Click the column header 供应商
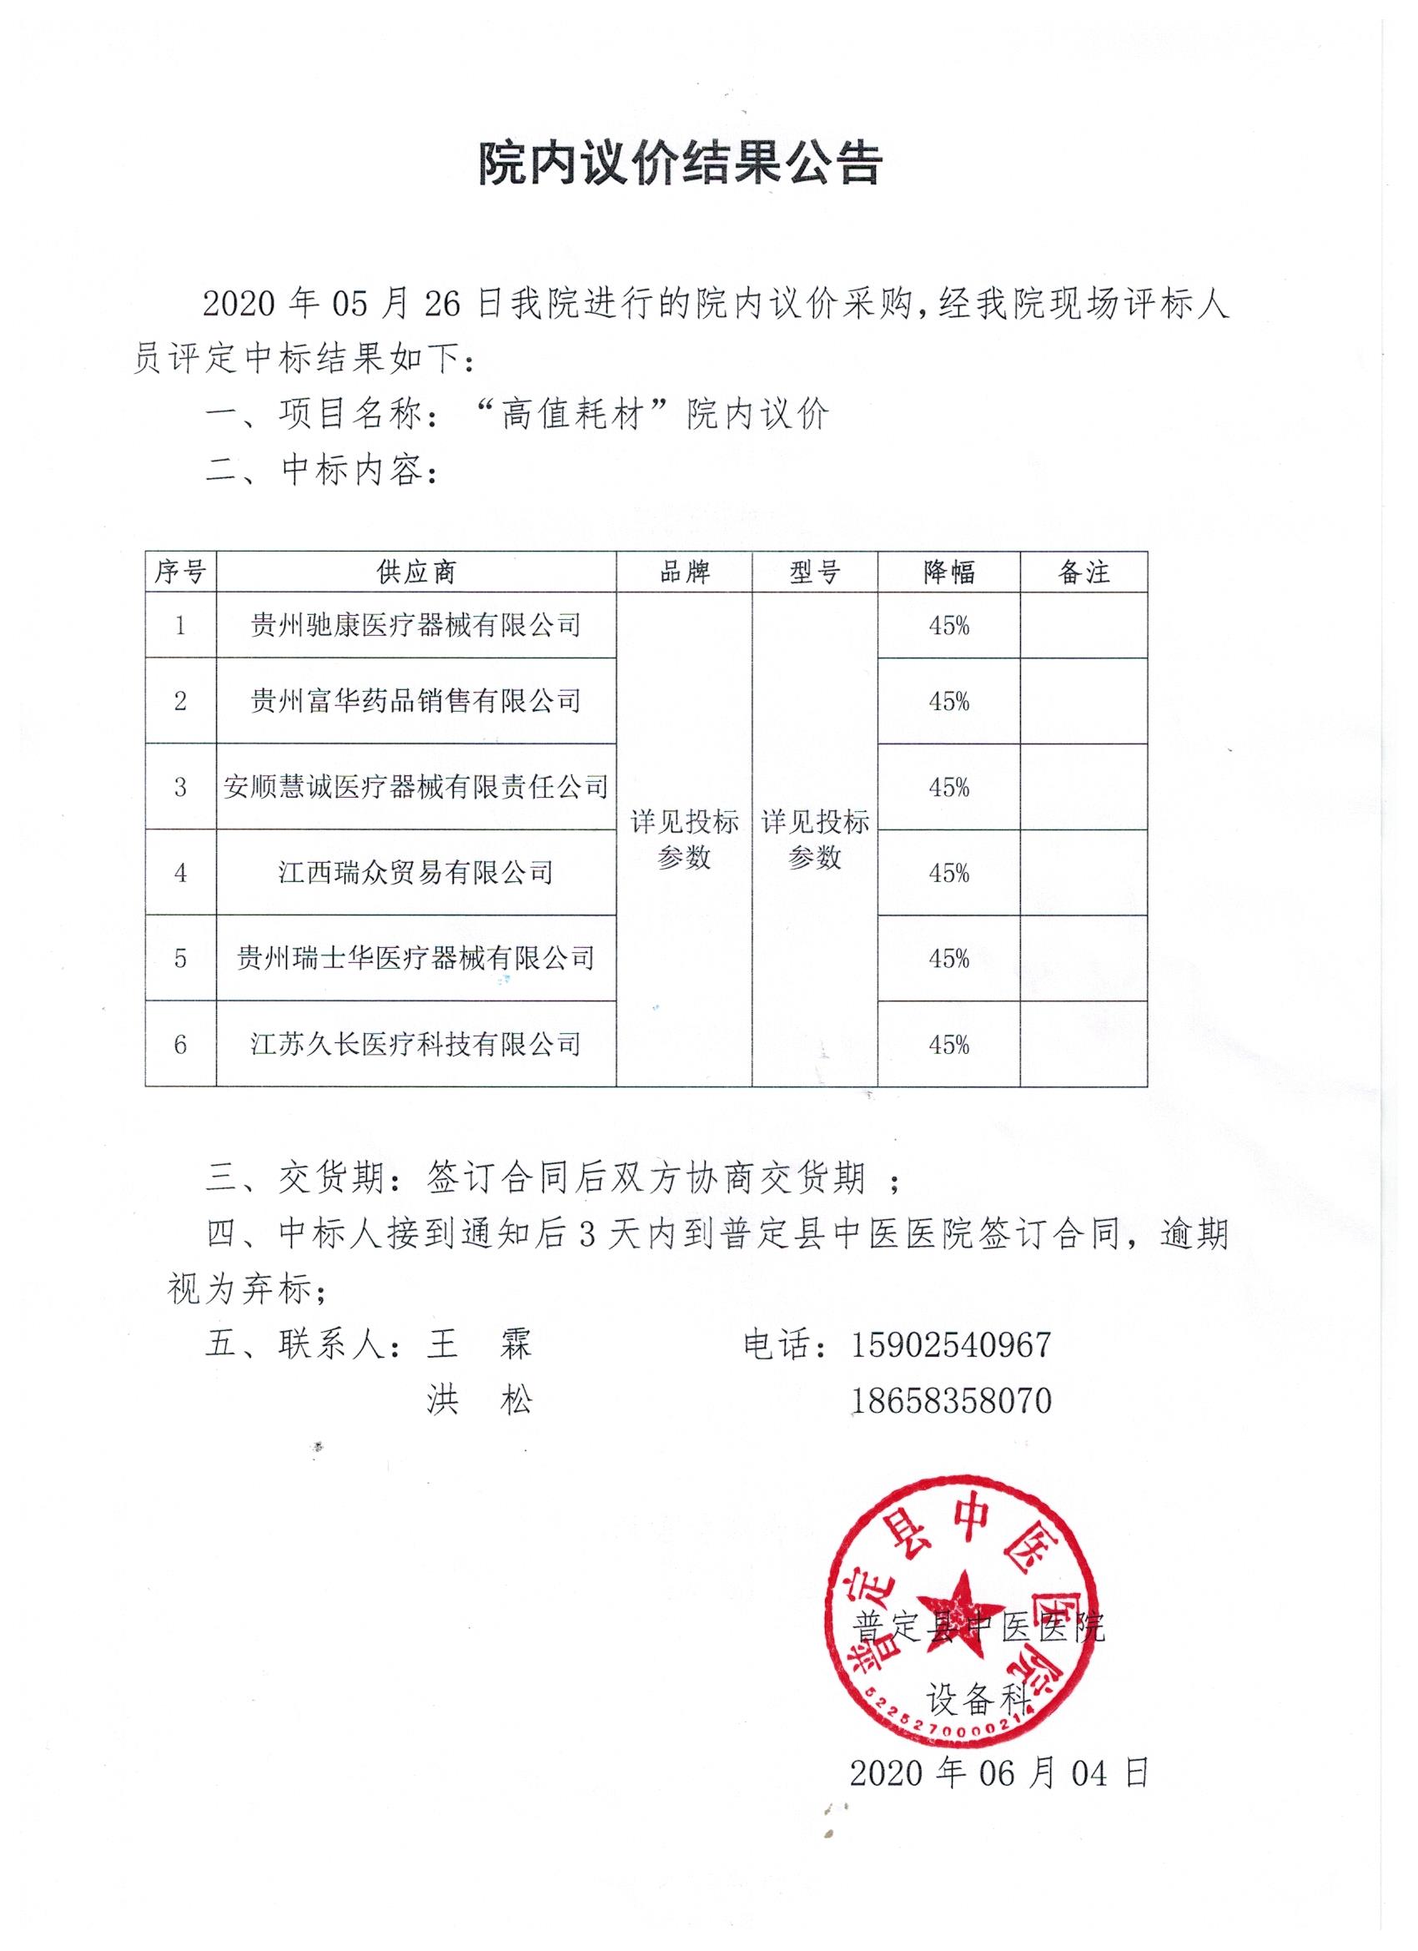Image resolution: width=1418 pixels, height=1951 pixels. [416, 572]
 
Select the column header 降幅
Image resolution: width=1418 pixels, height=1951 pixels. [948, 572]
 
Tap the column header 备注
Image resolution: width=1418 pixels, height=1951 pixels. [1084, 572]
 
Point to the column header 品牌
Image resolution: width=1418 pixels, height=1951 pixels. [685, 572]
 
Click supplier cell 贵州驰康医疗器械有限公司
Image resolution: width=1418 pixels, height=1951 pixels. [416, 625]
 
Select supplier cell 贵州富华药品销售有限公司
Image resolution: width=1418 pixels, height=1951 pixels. [416, 701]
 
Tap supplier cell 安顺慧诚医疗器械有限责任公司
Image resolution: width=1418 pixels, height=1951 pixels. [416, 786]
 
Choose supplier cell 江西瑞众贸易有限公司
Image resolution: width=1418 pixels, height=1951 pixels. [416, 872]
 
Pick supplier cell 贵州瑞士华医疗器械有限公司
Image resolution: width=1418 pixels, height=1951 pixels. [416, 957]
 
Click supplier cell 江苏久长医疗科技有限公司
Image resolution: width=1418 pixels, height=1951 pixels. [416, 1044]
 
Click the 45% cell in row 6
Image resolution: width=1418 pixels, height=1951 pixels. [948, 1044]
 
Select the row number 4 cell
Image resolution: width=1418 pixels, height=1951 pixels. [180, 872]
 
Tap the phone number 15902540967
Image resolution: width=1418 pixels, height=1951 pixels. [951, 1344]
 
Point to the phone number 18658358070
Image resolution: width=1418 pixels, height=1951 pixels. [951, 1401]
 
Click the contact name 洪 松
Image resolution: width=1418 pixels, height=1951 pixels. [480, 1401]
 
